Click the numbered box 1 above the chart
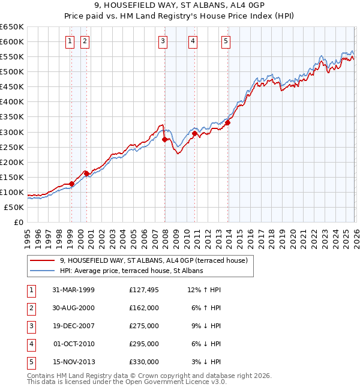tap(70, 41)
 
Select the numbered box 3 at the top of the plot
tap(163, 41)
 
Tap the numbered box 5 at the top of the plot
tap(226, 41)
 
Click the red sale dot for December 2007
tap(165, 139)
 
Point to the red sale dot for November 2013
tap(228, 122)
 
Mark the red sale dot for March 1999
tap(72, 184)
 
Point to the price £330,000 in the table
tap(144, 362)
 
